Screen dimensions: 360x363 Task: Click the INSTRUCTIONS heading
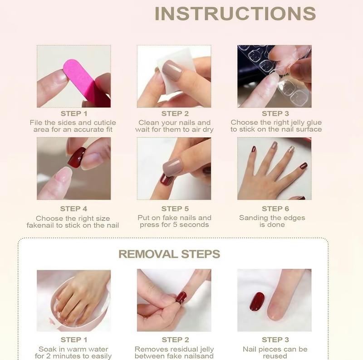235,14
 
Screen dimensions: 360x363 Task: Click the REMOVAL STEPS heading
169,254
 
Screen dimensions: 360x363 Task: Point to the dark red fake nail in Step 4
76,157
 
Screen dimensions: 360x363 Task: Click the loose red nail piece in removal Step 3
257,302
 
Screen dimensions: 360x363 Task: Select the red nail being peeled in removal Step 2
181,297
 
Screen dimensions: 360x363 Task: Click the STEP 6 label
275,209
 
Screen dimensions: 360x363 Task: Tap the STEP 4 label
74,209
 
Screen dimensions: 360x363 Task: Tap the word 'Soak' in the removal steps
47,349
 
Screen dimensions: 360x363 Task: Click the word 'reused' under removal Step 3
275,356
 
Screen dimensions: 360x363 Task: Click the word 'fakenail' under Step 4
42,225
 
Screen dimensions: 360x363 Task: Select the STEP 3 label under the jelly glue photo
275,113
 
